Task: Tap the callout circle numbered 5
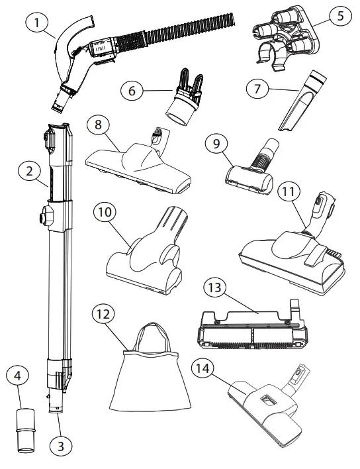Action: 341,15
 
